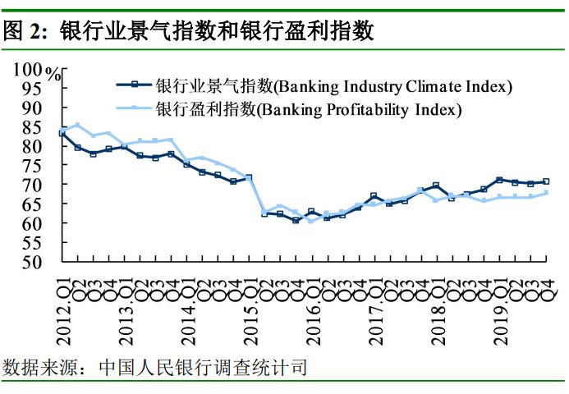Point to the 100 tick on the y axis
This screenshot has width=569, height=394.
29,70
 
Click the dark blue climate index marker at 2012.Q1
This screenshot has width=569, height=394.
62,132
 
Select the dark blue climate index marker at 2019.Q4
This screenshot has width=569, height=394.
546,181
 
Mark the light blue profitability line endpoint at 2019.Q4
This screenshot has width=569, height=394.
546,193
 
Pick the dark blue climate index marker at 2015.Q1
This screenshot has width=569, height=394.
249,177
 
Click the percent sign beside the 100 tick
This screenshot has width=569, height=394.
55,74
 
